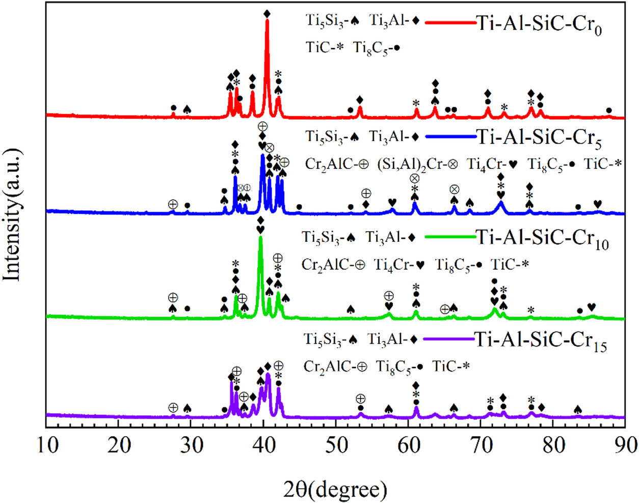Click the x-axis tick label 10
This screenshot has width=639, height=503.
47,445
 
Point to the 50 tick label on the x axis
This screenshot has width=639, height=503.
336,445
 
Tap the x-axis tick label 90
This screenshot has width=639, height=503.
625,445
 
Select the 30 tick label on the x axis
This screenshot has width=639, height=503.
192,445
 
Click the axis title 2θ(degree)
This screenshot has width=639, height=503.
335,490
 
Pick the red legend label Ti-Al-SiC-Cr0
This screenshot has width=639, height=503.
539,24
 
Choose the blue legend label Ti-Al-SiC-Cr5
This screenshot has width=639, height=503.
539,137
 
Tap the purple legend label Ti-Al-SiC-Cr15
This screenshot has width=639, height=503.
541,340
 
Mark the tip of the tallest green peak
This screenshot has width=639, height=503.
260,237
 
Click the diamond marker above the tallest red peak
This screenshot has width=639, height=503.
267,13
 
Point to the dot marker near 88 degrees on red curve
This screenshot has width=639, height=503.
609,110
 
